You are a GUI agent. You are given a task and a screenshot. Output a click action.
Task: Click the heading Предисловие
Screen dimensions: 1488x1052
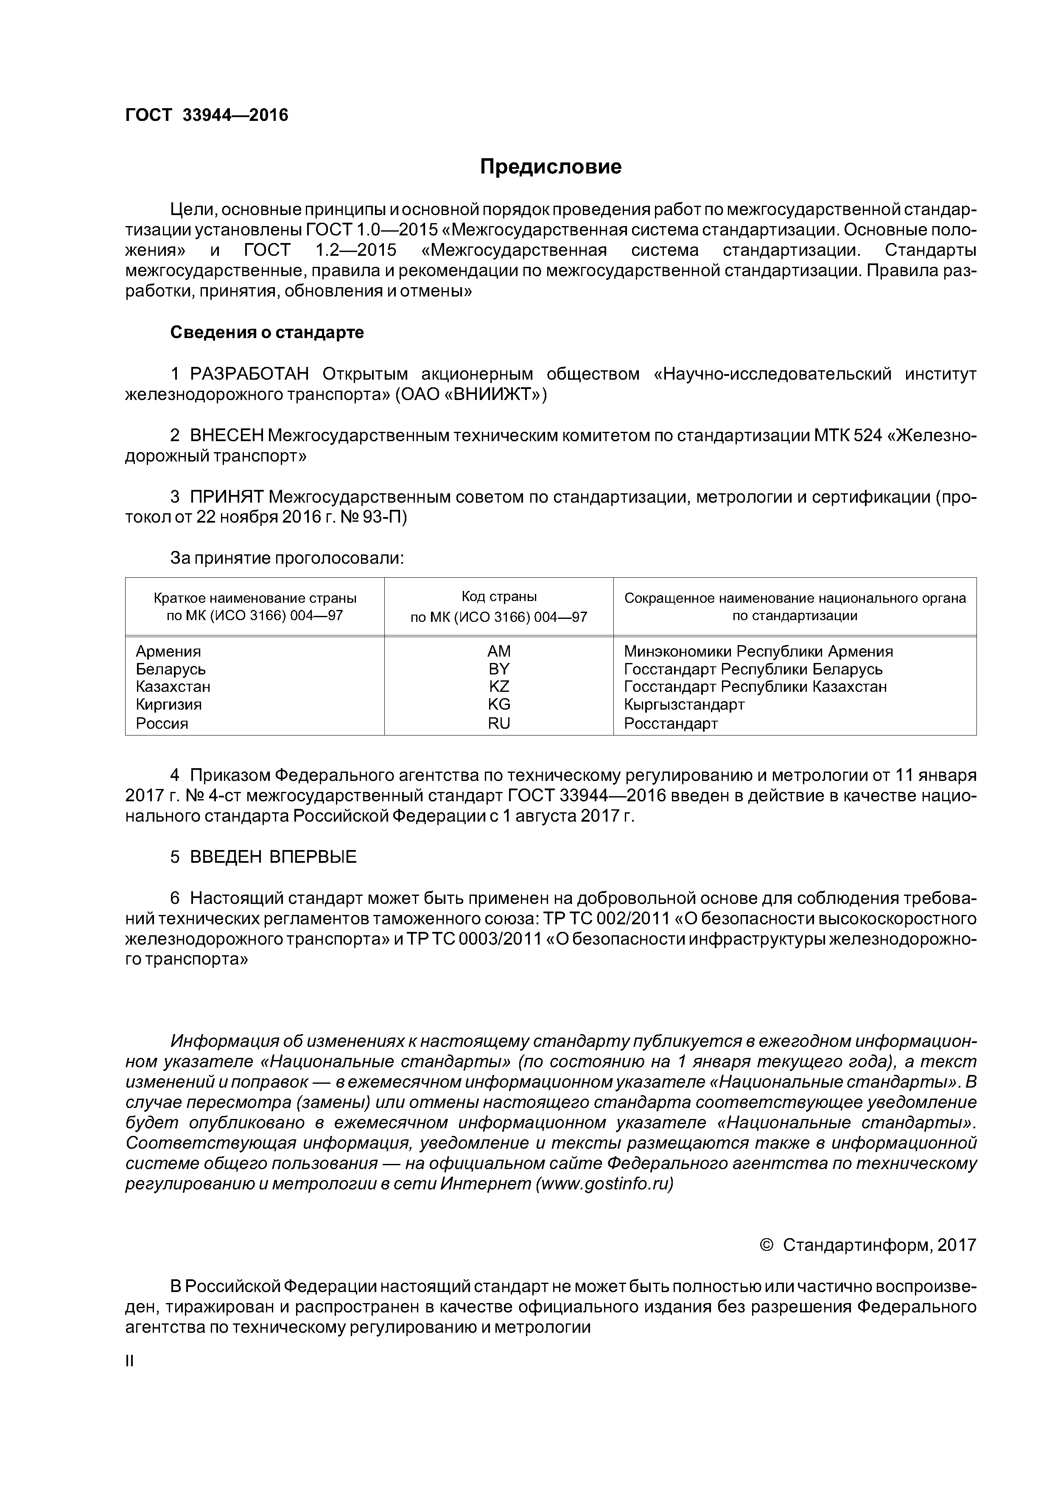tap(550, 167)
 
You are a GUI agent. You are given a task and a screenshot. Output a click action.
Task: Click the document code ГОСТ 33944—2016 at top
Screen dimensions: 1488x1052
tap(206, 115)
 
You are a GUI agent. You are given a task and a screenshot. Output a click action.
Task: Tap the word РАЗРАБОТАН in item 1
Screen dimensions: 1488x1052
tap(249, 374)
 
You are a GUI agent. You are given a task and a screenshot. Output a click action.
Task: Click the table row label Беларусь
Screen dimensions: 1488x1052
tap(171, 669)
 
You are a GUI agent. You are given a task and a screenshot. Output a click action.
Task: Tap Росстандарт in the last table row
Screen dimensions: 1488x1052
tap(671, 723)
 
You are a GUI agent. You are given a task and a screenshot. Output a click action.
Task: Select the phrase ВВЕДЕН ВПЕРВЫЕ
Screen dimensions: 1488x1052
tap(273, 857)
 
